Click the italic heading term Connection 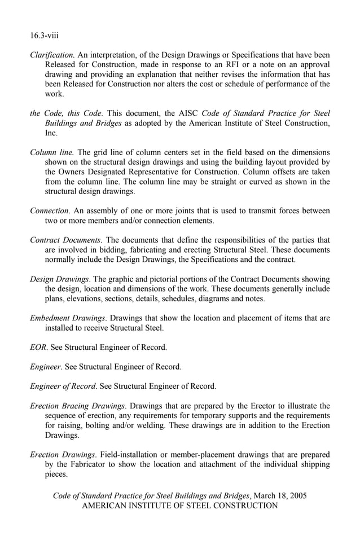coord(49,210)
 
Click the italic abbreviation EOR coord(38,347)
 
